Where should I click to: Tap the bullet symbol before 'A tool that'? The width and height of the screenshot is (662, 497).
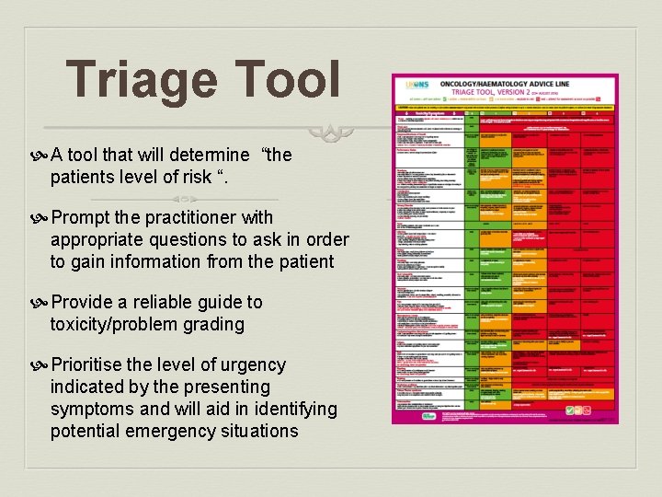(42, 156)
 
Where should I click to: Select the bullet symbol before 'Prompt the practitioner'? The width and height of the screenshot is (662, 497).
(42, 218)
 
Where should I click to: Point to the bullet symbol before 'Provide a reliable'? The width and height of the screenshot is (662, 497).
(42, 303)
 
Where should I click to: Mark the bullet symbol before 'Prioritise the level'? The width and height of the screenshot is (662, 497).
(42, 365)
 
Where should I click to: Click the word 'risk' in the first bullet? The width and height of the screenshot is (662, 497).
(194, 177)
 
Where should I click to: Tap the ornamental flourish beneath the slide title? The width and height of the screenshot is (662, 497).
(331, 133)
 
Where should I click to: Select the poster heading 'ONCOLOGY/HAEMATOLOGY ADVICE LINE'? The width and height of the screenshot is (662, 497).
(510, 83)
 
